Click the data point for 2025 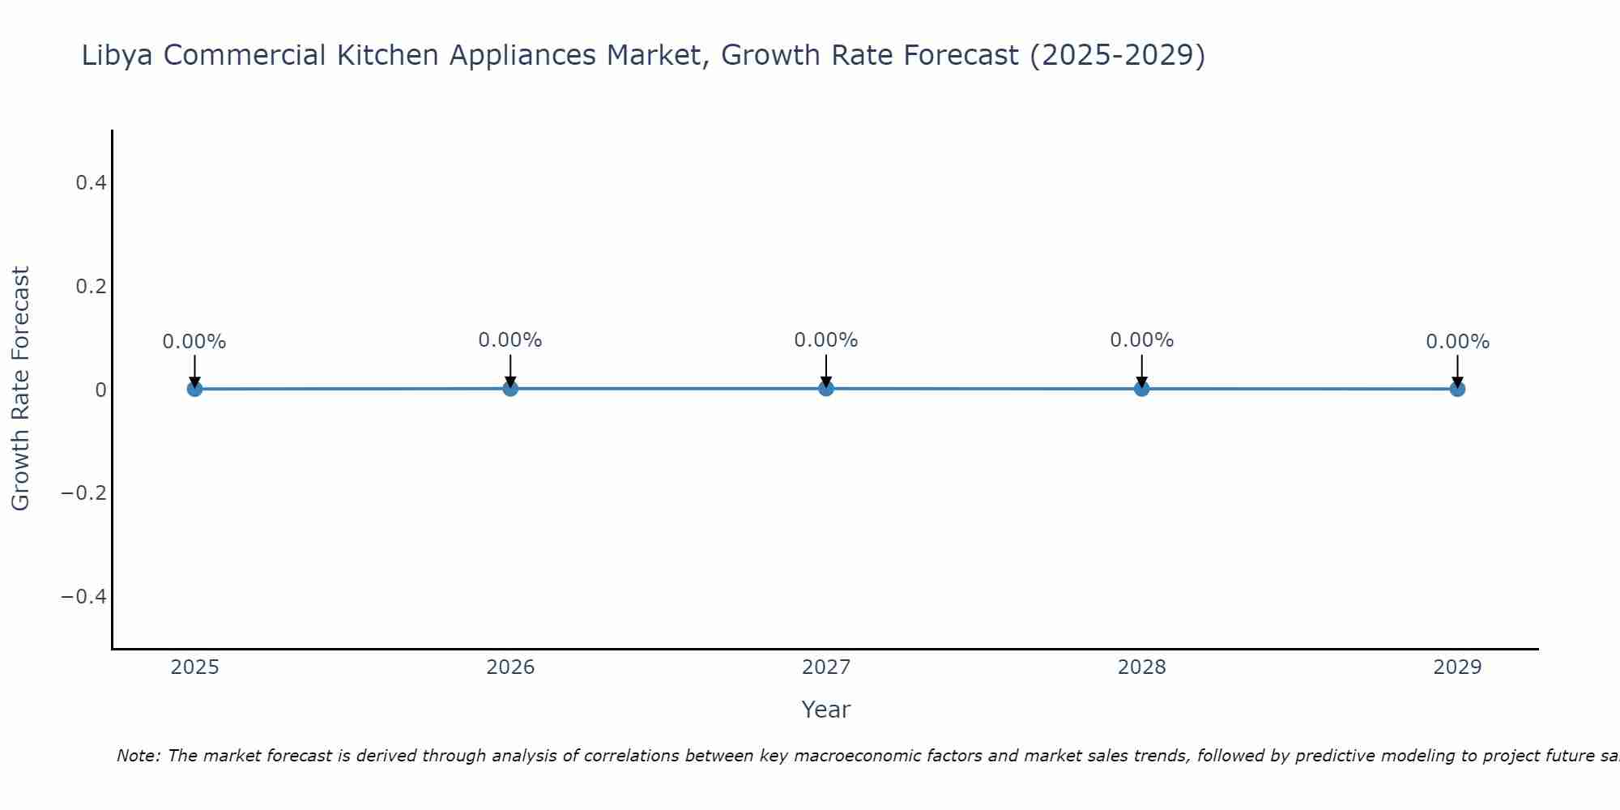click(x=194, y=389)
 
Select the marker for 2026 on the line click(x=510, y=388)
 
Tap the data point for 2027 click(x=826, y=388)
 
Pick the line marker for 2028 click(x=1142, y=388)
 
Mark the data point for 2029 click(x=1457, y=389)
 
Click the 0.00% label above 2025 click(x=194, y=342)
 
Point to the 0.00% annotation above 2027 click(x=826, y=340)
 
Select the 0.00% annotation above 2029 click(x=1457, y=342)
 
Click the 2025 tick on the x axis click(x=195, y=667)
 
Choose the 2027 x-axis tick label click(x=826, y=667)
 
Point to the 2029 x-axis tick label click(x=1457, y=667)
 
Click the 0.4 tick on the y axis click(x=91, y=183)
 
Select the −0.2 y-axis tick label click(x=84, y=493)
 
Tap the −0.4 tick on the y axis click(x=84, y=597)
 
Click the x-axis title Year click(x=825, y=710)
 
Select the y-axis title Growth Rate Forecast click(x=21, y=389)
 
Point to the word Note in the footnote click(x=139, y=756)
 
